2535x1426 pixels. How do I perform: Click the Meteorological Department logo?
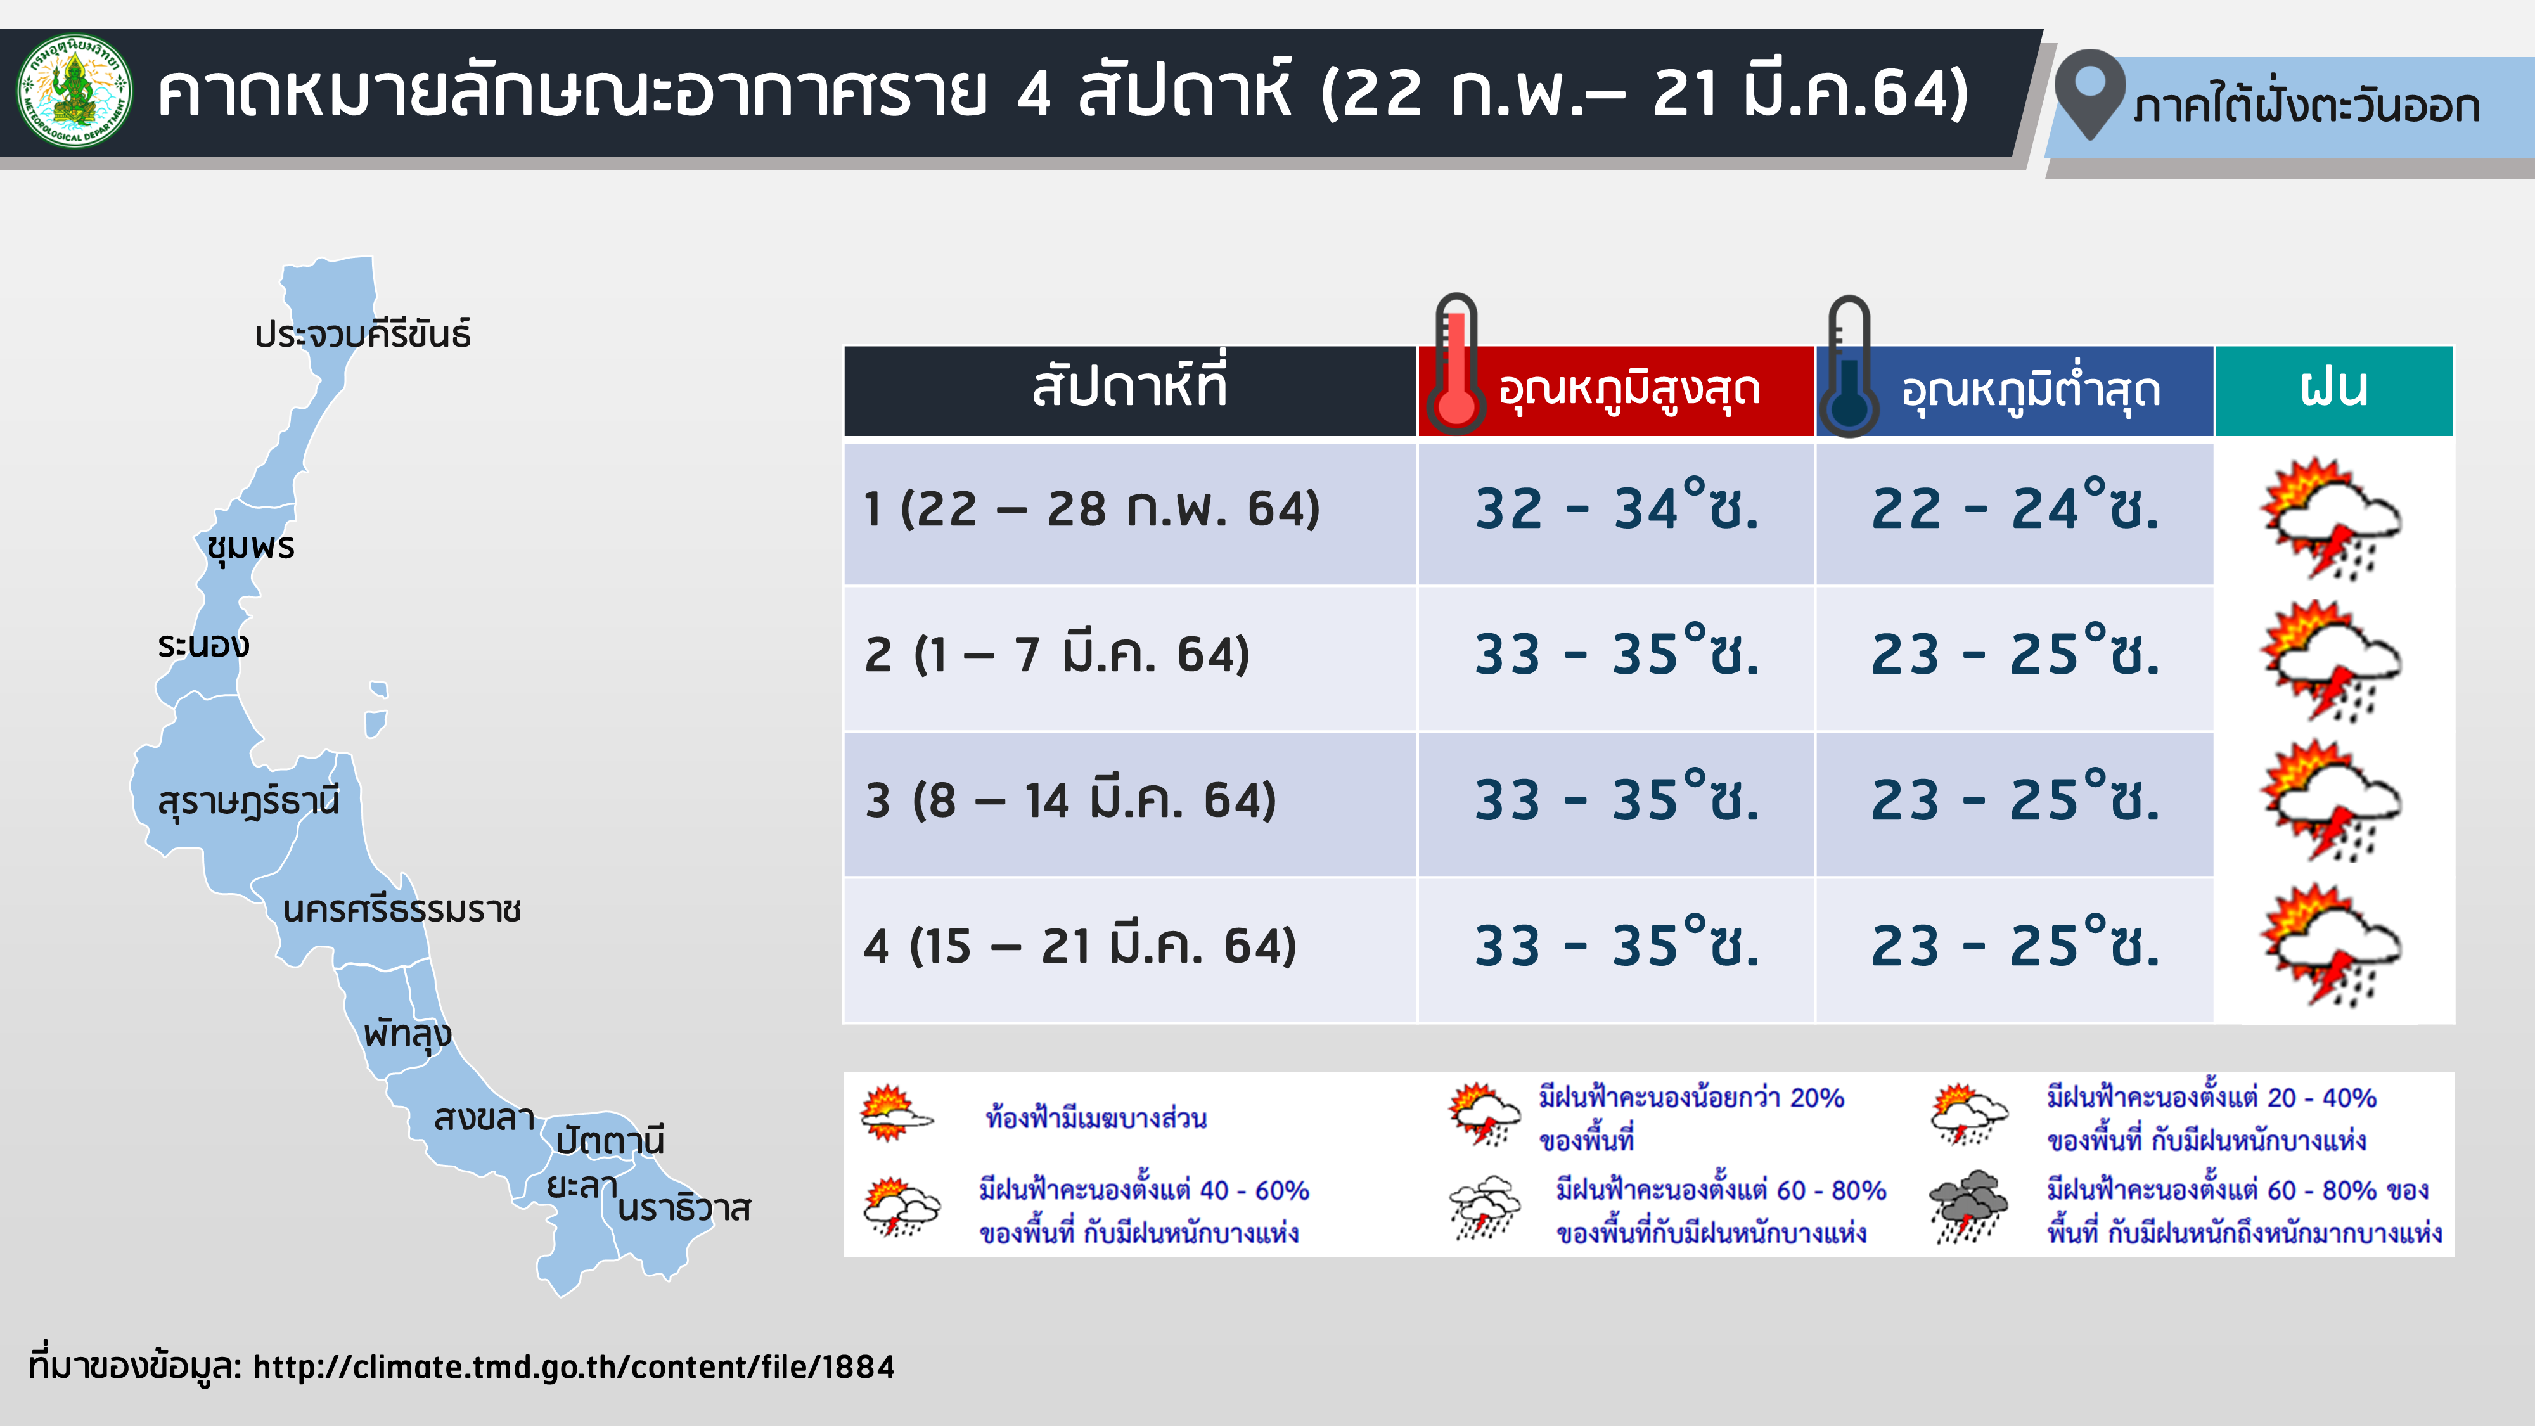coord(75,91)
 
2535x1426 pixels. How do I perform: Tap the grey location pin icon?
coord(2090,94)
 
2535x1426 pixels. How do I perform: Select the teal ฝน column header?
coord(2334,390)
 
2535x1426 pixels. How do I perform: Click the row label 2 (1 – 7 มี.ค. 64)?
coord(1057,655)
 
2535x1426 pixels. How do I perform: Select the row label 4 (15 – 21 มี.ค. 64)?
coord(1079,946)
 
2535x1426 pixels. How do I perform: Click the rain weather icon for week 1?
coord(2330,518)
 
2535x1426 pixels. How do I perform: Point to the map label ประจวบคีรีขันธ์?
coord(362,335)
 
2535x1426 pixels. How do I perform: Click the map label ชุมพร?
coord(251,547)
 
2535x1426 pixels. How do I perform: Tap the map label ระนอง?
coord(203,646)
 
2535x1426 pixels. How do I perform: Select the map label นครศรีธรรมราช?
coord(402,909)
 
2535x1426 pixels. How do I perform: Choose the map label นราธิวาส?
coord(684,1209)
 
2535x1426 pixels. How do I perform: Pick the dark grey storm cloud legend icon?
coord(1968,1207)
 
